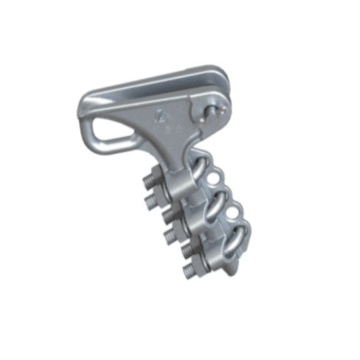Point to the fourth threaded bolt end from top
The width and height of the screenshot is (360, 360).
(171, 238)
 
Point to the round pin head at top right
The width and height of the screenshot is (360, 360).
(211, 110)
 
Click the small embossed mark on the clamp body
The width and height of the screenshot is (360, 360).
(161, 114)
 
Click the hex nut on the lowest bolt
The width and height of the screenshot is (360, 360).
(199, 267)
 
